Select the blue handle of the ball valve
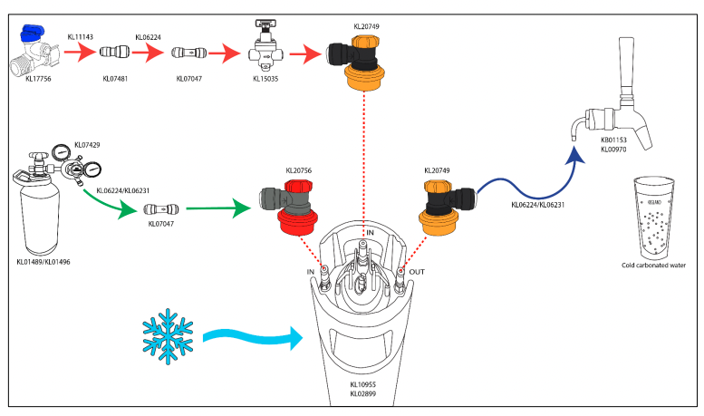[x=34, y=35]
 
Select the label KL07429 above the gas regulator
[x=87, y=145]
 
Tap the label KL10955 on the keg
[x=364, y=384]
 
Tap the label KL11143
[x=82, y=37]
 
